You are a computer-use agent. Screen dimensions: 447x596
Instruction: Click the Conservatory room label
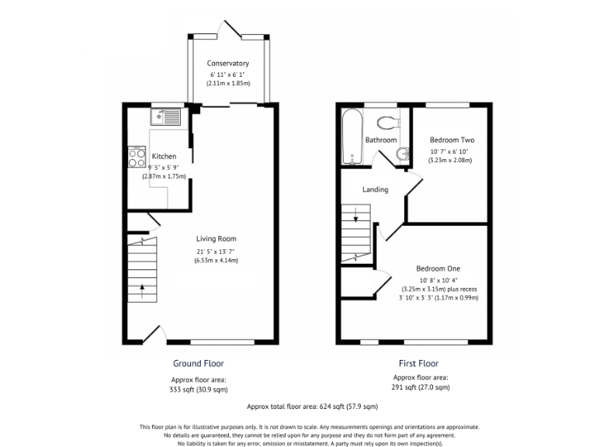pyautogui.click(x=227, y=63)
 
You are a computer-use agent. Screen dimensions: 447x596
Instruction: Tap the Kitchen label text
pyautogui.click(x=164, y=156)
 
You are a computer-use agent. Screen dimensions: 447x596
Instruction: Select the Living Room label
pyautogui.click(x=216, y=239)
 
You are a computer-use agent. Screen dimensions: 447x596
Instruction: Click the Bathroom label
pyautogui.click(x=381, y=140)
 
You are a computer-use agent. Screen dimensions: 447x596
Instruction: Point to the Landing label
pyautogui.click(x=376, y=189)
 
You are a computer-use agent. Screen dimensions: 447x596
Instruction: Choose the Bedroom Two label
pyautogui.click(x=452, y=140)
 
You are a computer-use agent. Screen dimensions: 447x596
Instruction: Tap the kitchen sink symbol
pyautogui.click(x=166, y=117)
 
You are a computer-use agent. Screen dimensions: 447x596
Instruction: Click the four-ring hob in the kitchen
pyautogui.click(x=137, y=158)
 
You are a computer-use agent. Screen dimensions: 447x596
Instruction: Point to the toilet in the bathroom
pyautogui.click(x=387, y=121)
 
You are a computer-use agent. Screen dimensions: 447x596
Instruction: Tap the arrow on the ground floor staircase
pyautogui.click(x=142, y=292)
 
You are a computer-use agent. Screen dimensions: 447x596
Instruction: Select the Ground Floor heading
pyautogui.click(x=199, y=363)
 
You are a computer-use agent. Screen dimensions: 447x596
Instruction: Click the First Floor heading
pyautogui.click(x=418, y=363)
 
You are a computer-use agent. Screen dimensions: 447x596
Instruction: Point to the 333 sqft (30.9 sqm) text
pyautogui.click(x=199, y=390)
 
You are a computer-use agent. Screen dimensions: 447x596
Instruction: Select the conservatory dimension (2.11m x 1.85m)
pyautogui.click(x=227, y=82)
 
